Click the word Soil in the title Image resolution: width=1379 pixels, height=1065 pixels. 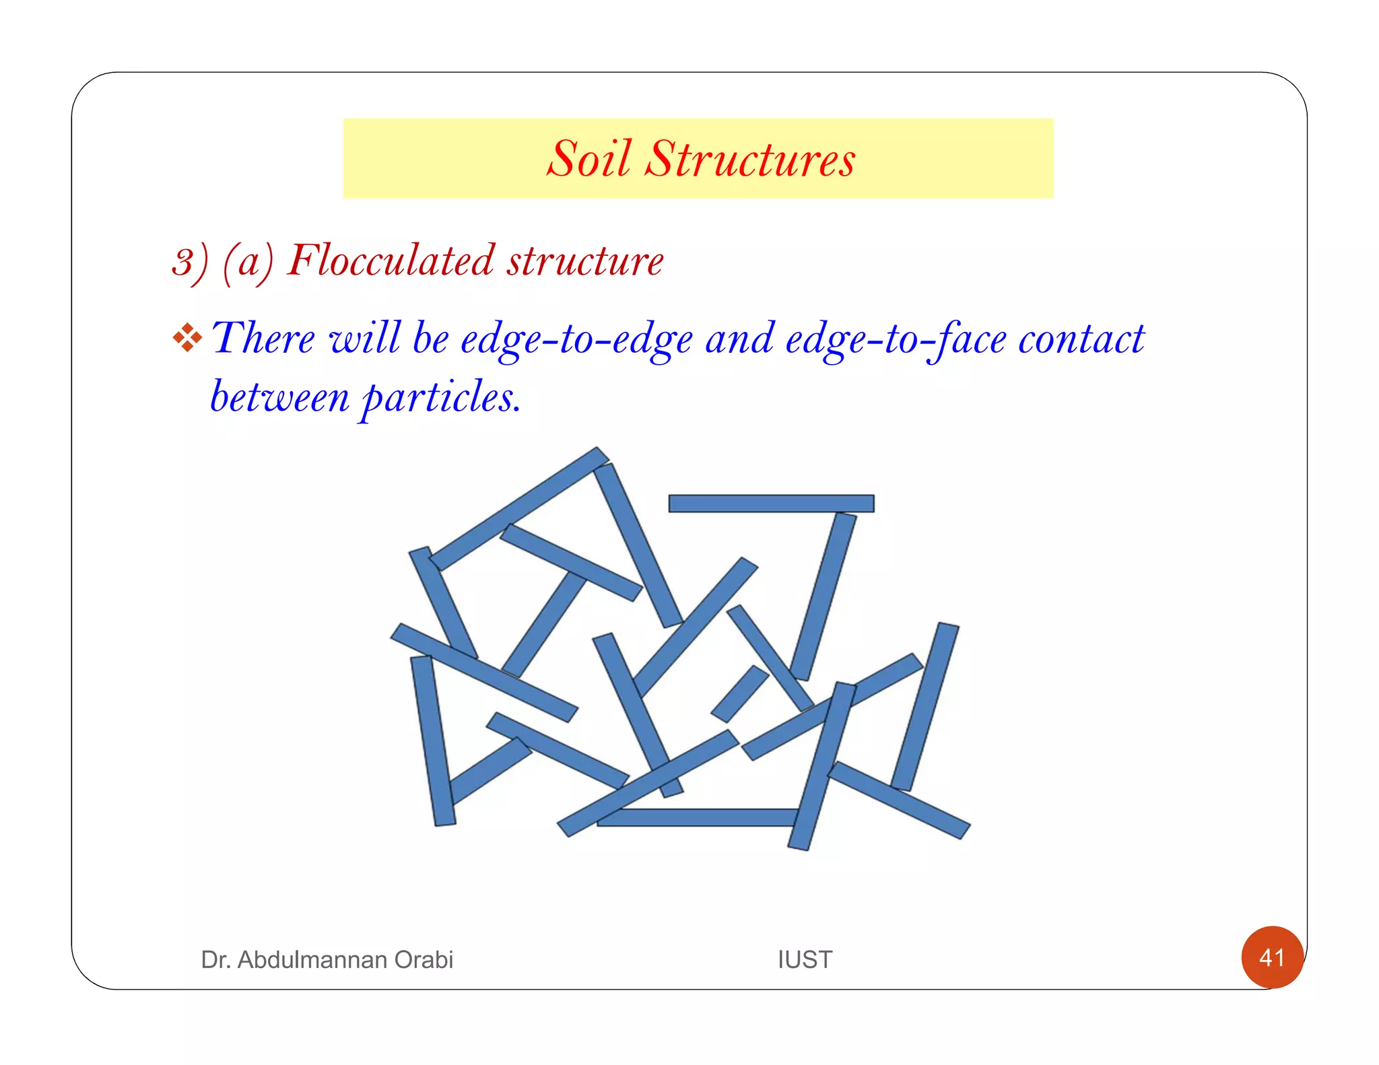589,160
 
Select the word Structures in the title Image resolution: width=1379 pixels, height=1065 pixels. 749,160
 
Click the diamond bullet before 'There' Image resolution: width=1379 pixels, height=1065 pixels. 187,338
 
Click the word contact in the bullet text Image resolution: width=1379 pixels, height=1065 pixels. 1081,339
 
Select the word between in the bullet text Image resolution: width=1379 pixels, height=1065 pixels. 279,397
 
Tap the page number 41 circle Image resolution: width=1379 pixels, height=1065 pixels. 1272,957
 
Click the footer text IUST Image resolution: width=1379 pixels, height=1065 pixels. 805,959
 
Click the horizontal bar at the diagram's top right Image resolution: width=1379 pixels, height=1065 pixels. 771,504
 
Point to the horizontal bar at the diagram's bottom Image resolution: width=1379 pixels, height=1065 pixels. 697,817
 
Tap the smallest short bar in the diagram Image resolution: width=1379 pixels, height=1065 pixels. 740,694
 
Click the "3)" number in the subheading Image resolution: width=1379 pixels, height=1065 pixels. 190,263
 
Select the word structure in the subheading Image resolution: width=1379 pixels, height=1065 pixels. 585,261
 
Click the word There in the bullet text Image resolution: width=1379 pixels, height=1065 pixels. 263,338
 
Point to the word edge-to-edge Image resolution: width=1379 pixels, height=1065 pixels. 576,339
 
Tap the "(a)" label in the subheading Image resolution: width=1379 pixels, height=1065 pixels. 248,263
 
